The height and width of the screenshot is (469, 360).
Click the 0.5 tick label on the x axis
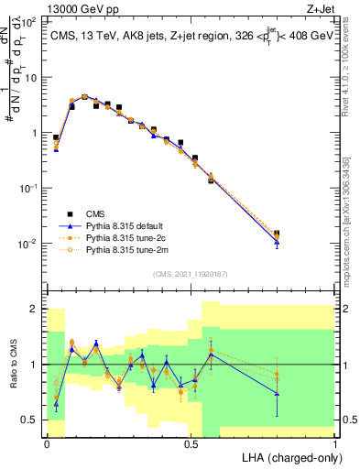click(x=191, y=443)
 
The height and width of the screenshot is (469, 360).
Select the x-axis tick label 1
click(x=336, y=443)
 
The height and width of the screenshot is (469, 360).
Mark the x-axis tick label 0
click(x=47, y=443)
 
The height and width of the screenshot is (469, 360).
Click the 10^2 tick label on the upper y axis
click(x=27, y=21)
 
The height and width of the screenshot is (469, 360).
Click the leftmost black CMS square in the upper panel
click(x=56, y=137)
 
